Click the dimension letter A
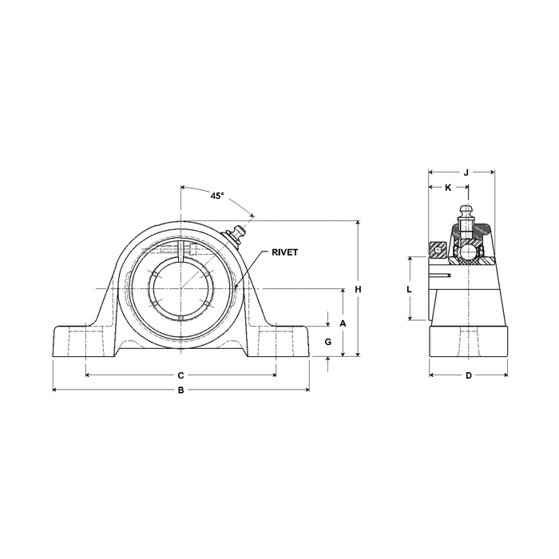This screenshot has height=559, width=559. point(343,323)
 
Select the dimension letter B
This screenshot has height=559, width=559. point(181,391)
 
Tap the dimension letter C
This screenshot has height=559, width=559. point(180,375)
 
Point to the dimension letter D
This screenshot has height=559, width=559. point(469,375)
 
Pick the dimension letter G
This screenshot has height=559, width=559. point(328,342)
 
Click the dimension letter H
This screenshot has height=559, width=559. point(358,289)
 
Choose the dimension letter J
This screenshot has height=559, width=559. point(466,173)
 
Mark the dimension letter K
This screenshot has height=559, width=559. point(448,188)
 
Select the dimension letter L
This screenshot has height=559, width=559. point(410,289)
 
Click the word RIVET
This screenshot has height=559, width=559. point(284,252)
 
